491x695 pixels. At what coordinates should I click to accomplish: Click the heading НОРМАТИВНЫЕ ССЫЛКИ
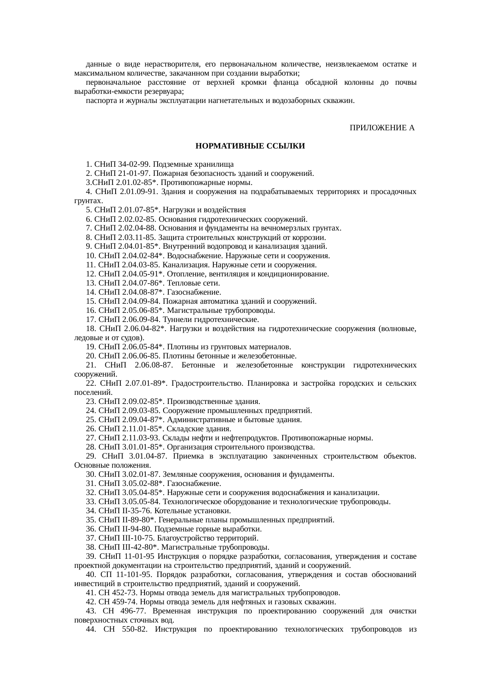(x=250, y=146)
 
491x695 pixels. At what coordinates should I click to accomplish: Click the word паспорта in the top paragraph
(x=99, y=101)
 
